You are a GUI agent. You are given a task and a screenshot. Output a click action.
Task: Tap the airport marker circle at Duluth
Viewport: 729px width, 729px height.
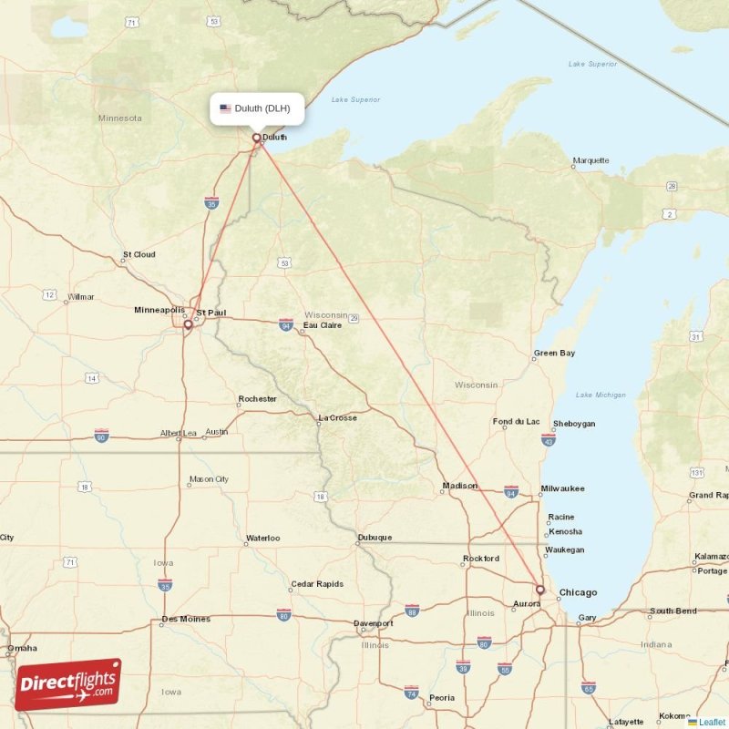[x=257, y=139]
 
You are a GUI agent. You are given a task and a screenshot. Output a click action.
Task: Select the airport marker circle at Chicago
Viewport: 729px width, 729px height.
[x=539, y=590]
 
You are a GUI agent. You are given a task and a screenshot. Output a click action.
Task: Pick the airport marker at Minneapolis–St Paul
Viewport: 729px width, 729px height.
[x=188, y=323]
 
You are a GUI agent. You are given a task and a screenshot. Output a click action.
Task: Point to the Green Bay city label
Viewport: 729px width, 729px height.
[x=554, y=353]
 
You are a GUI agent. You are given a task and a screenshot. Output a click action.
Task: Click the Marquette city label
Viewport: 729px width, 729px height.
[x=590, y=161]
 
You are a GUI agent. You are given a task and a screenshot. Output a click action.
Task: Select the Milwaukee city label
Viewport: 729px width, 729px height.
[x=562, y=489]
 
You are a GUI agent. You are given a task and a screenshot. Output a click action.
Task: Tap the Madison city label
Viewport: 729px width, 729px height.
[x=459, y=486]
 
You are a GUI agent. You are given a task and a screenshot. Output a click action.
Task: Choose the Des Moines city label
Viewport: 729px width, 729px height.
[x=186, y=620]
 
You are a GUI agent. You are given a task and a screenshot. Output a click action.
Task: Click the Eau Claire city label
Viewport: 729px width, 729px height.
[x=323, y=325]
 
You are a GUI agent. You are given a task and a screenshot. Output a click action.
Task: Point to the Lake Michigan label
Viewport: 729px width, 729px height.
[x=601, y=395]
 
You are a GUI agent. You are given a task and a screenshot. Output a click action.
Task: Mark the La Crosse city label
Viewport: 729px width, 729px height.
[x=337, y=418]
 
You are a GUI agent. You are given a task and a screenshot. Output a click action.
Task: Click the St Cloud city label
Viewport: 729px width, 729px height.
[x=139, y=255]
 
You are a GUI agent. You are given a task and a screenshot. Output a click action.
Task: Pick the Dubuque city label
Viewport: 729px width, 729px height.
[x=375, y=538]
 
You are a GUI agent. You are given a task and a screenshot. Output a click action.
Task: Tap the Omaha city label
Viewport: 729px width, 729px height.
[x=22, y=649]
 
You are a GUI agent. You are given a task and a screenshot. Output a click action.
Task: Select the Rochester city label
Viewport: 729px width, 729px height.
[x=257, y=399]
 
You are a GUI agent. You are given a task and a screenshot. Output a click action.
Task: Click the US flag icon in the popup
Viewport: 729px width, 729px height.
[x=225, y=108]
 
